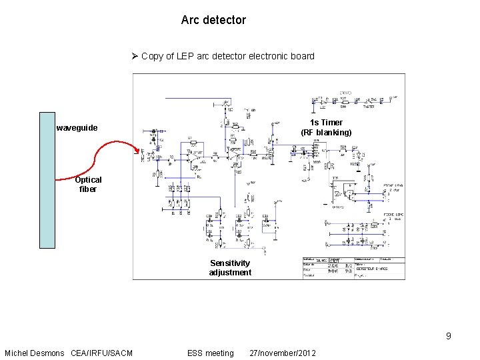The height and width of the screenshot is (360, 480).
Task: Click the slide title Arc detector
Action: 213,20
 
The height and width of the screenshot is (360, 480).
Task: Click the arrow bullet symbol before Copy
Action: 135,56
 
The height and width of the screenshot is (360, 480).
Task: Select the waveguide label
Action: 77,128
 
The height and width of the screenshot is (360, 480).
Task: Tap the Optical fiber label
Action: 88,184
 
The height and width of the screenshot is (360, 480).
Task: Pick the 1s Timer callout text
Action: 326,123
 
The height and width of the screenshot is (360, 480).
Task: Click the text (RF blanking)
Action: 326,133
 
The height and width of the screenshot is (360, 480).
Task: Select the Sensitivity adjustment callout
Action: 230,267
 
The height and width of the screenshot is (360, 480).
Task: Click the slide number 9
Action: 449,336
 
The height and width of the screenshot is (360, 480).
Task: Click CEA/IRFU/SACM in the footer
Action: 101,353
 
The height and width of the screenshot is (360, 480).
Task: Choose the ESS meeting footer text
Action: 211,353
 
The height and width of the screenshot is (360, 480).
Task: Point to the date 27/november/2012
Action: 283,353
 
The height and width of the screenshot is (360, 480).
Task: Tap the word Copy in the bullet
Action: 153,56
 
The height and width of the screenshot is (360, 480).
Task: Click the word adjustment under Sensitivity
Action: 230,272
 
